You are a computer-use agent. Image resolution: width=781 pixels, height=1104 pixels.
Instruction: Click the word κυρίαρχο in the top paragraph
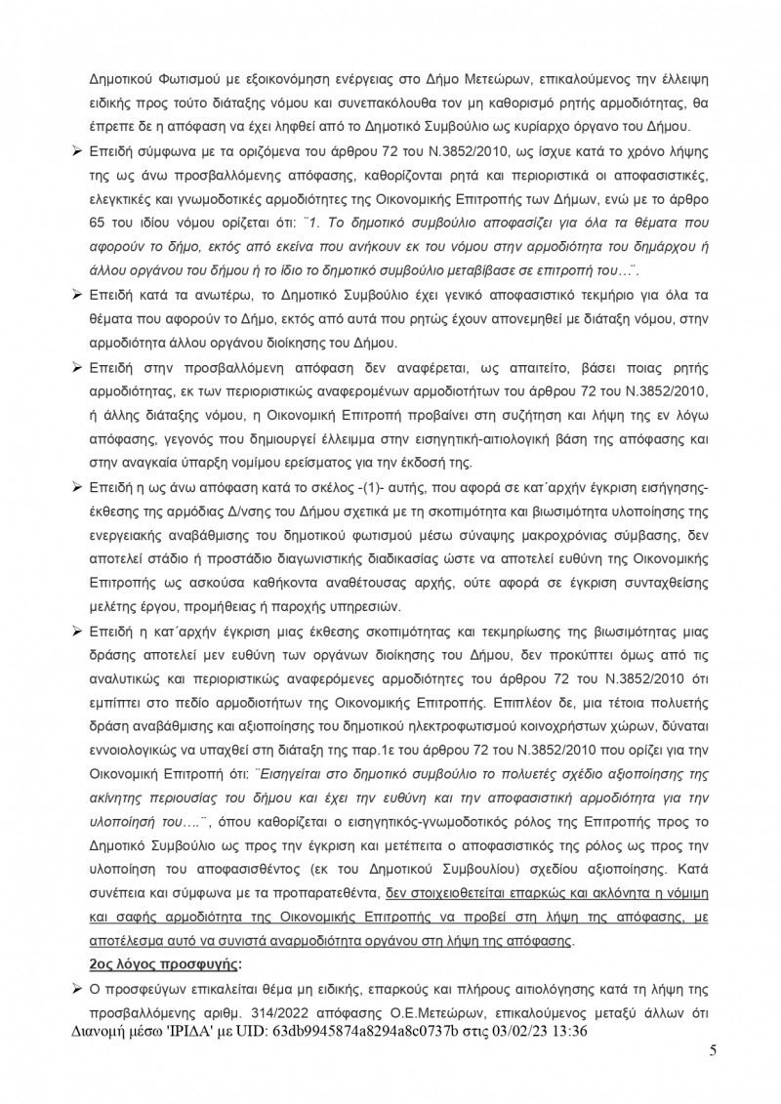pos(548,127)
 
